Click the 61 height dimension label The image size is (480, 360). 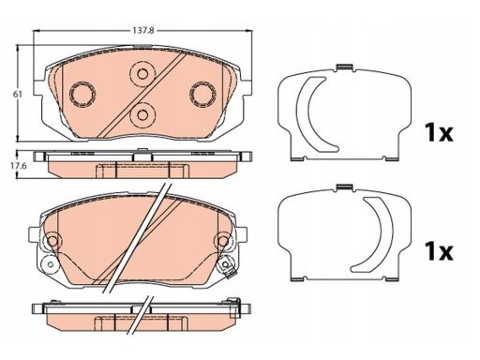click(18, 94)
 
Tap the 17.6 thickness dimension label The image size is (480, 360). click(19, 166)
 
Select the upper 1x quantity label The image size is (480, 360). click(439, 132)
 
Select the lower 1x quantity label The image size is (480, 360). click(439, 251)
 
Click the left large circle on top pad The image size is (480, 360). click(82, 94)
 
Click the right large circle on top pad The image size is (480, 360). click(203, 94)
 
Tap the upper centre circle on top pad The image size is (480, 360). click(142, 74)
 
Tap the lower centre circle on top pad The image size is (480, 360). click(142, 115)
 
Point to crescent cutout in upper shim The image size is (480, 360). click(302, 112)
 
